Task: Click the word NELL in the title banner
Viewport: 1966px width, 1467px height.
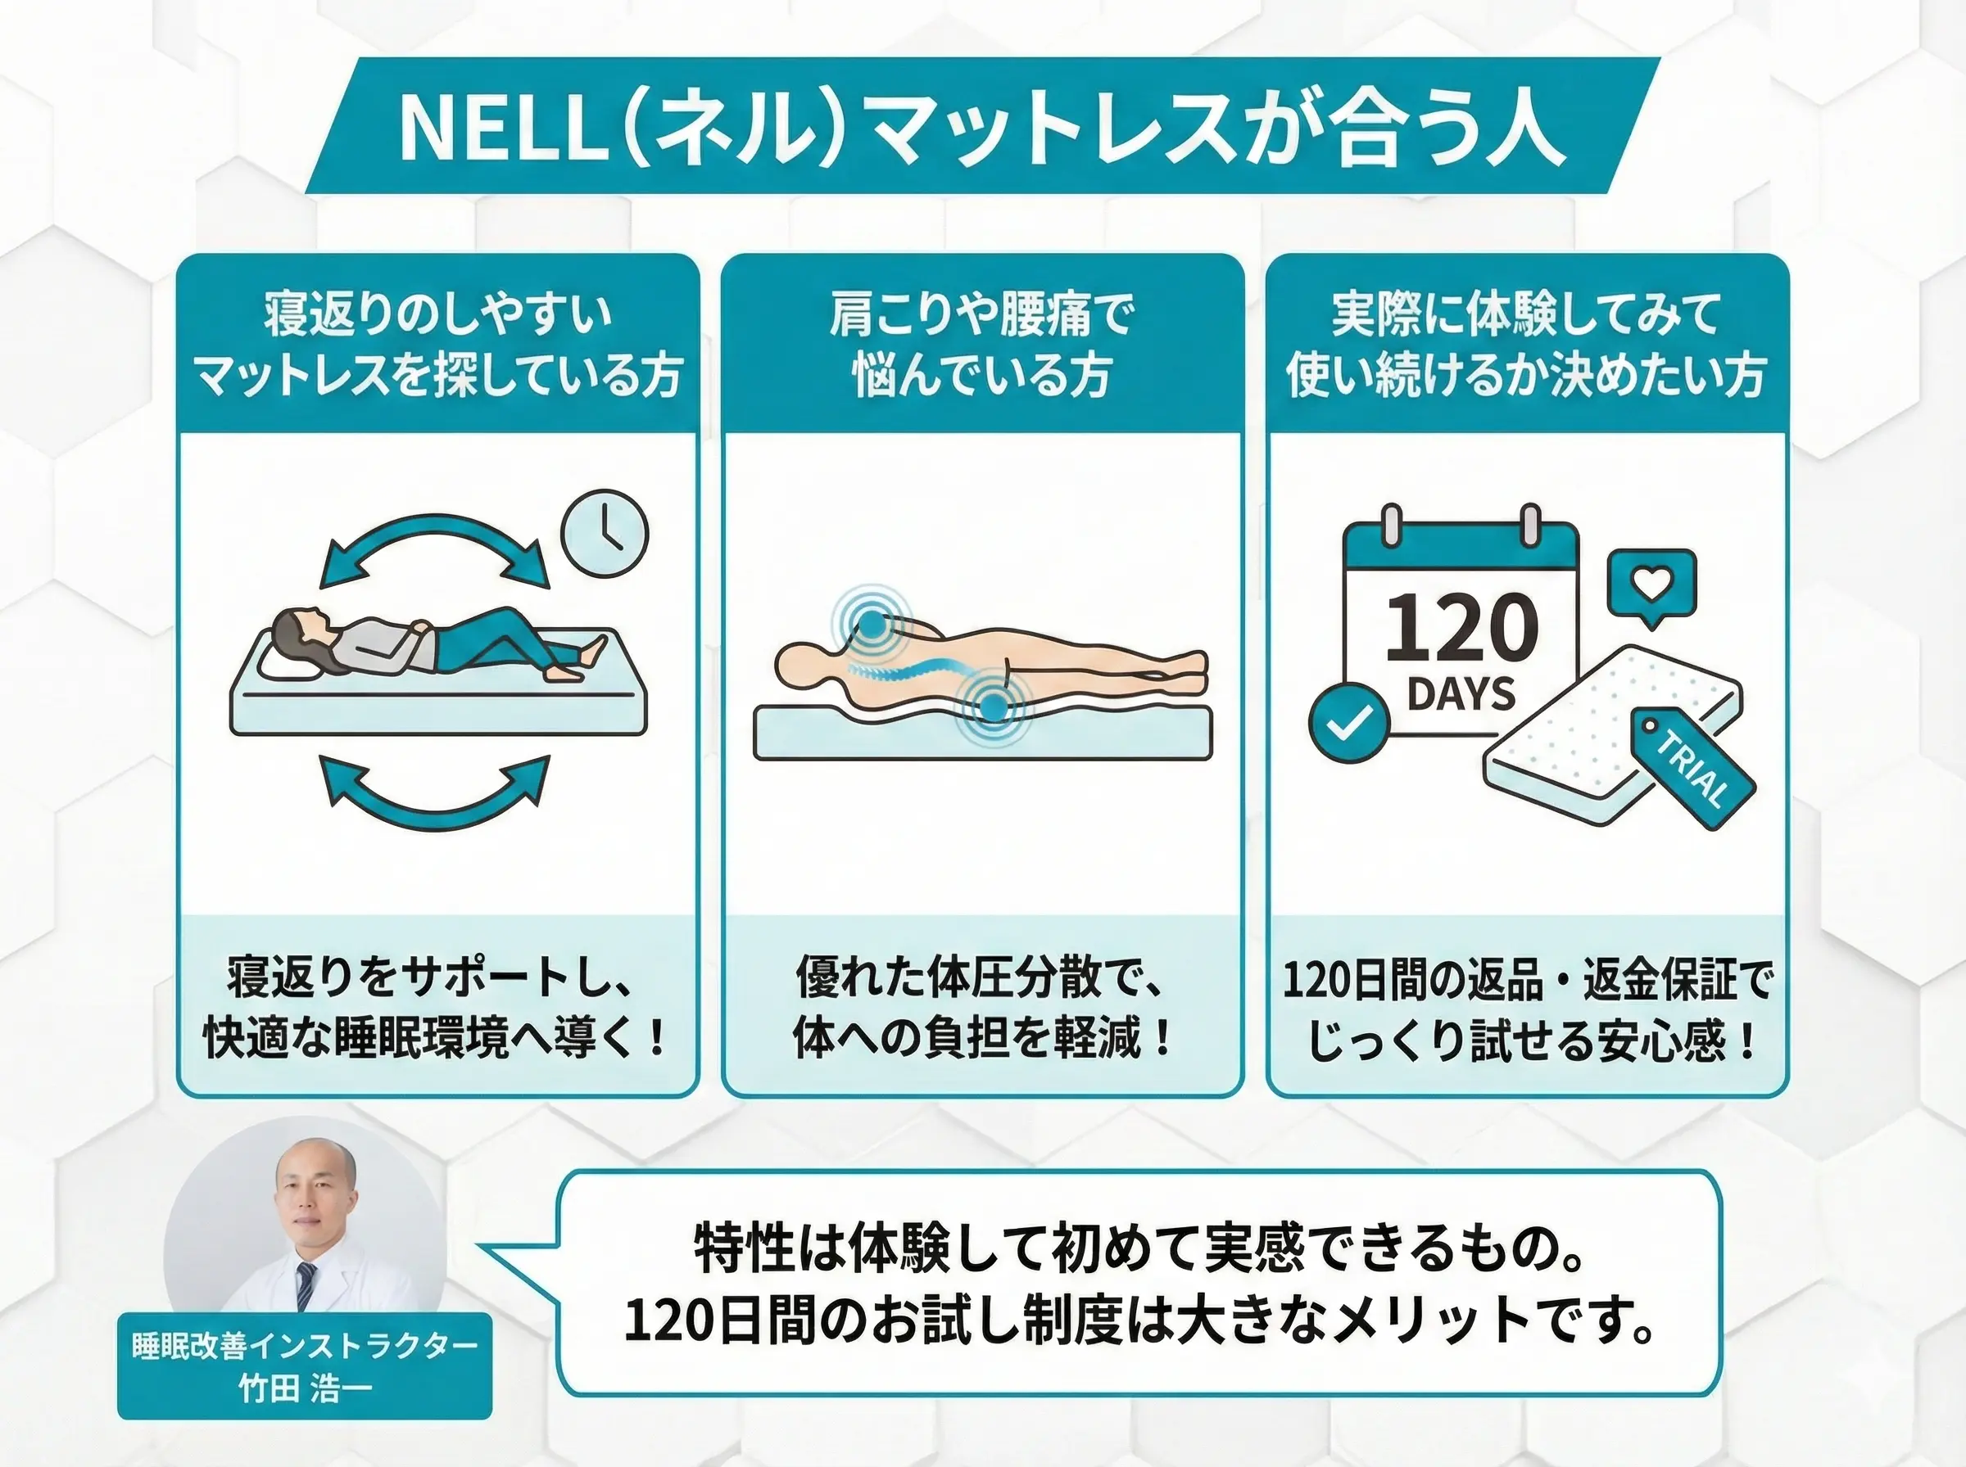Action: pyautogui.click(x=497, y=127)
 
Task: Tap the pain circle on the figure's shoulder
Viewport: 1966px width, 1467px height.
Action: pyautogui.click(x=873, y=625)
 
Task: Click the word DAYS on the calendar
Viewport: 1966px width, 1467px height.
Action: pyautogui.click(x=1461, y=694)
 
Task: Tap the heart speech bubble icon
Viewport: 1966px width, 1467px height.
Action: pyautogui.click(x=1651, y=585)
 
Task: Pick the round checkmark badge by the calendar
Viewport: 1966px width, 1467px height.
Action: pyautogui.click(x=1348, y=723)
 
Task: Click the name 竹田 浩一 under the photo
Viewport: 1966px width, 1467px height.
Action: pyautogui.click(x=305, y=1388)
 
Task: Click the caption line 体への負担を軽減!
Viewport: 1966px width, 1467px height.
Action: pyautogui.click(x=981, y=1037)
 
